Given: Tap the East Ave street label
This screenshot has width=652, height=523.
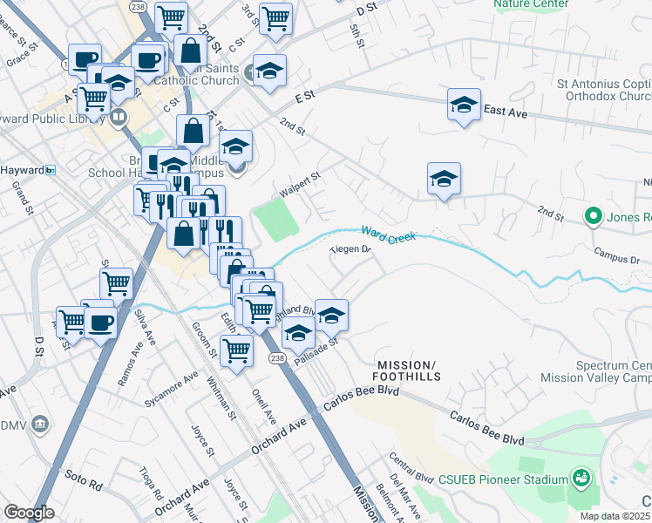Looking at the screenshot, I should (506, 111).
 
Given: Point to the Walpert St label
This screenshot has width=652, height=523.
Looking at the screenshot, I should (300, 182).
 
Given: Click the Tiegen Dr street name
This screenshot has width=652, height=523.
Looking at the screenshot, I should (350, 250).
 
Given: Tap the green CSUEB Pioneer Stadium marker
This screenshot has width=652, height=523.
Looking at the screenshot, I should (581, 478).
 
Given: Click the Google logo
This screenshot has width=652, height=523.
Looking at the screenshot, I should (29, 513).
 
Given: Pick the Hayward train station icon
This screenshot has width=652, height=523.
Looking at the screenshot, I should (51, 170).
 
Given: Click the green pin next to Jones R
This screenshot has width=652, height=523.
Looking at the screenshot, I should (594, 214).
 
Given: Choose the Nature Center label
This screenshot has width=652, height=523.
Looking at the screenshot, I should (530, 4).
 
